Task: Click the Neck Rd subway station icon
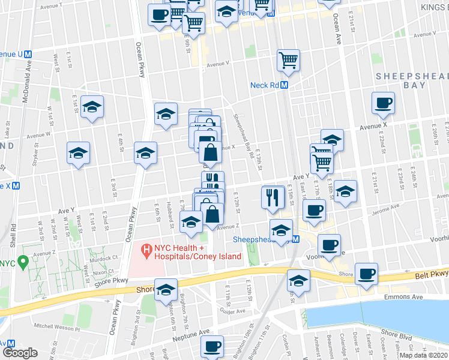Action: (x=285, y=85)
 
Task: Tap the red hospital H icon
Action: (x=145, y=248)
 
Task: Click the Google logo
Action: (x=20, y=353)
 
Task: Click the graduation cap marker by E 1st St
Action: (x=92, y=107)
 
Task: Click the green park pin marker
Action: (x=23, y=262)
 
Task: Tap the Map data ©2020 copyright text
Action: (x=423, y=355)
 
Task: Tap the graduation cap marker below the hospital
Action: (x=166, y=289)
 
